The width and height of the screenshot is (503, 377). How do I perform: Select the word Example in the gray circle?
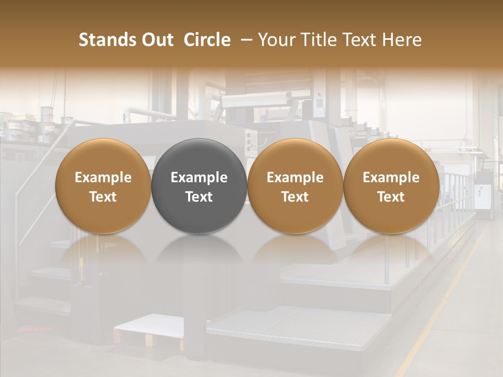point(199,178)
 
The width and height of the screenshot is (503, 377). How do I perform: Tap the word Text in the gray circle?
point(199,197)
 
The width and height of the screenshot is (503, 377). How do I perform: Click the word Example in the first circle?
point(103,178)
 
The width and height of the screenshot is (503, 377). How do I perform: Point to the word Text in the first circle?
point(103,197)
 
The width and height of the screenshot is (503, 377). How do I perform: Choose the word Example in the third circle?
point(295,178)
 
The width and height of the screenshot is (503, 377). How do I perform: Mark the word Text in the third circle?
point(295,197)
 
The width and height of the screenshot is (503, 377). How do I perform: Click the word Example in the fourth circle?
point(391,178)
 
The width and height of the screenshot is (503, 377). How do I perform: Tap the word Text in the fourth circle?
point(391,197)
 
